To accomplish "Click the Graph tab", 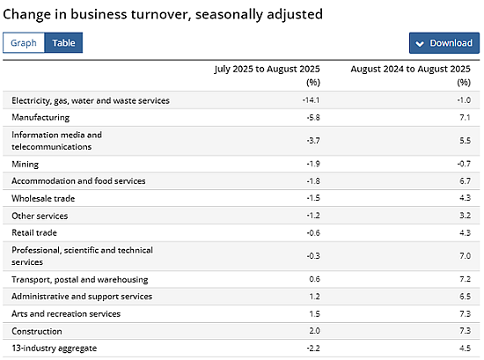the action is click(x=24, y=42).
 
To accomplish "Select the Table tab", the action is click(x=63, y=42).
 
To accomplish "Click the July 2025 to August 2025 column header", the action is click(x=268, y=69).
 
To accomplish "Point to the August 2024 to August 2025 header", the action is click(x=411, y=69).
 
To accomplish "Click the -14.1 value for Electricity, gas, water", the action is click(x=311, y=100).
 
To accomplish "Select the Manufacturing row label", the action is click(x=40, y=118).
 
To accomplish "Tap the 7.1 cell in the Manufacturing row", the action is click(x=465, y=117).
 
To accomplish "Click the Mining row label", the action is click(x=26, y=164).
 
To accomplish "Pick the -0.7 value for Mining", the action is click(x=464, y=164).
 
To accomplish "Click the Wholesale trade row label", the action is click(x=43, y=198).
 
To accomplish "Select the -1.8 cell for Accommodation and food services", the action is click(x=313, y=181).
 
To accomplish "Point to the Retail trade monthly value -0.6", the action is click(x=313, y=232).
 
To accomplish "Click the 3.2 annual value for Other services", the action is click(x=466, y=216).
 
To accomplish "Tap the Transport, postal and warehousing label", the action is click(x=80, y=280).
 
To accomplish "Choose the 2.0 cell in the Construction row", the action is click(x=314, y=331).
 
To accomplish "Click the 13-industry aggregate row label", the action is click(x=55, y=349).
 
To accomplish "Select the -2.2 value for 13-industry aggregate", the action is click(x=313, y=349).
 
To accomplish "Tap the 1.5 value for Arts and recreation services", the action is click(x=314, y=313).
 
